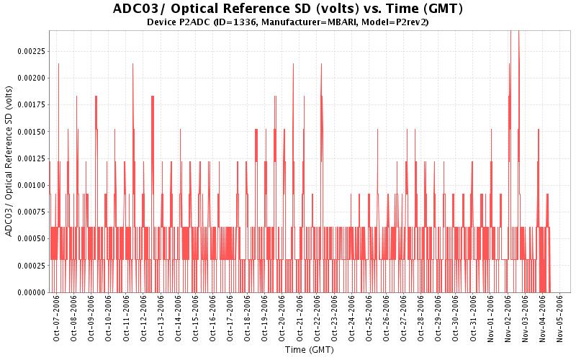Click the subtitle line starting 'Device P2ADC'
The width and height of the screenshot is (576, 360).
288,22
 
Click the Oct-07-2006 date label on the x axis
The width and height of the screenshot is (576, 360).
57,317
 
